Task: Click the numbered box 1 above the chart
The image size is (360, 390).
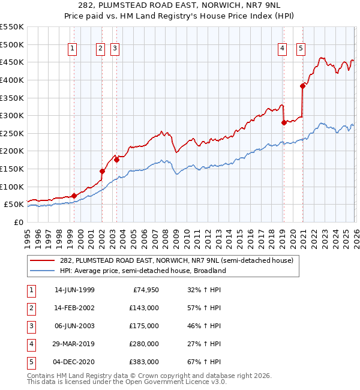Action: pos(72,49)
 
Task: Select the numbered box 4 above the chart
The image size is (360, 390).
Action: pos(281,49)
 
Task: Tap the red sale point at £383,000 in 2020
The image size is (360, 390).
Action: pos(303,86)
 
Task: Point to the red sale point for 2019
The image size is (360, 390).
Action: pos(284,122)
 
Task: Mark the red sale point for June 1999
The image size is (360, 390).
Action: pos(74,196)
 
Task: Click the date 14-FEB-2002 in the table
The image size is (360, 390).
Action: pos(74,308)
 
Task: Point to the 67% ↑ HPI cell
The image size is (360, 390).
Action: pos(205,362)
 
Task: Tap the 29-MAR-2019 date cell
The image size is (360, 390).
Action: pos(74,344)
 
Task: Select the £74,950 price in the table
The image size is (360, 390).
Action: pos(144,290)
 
